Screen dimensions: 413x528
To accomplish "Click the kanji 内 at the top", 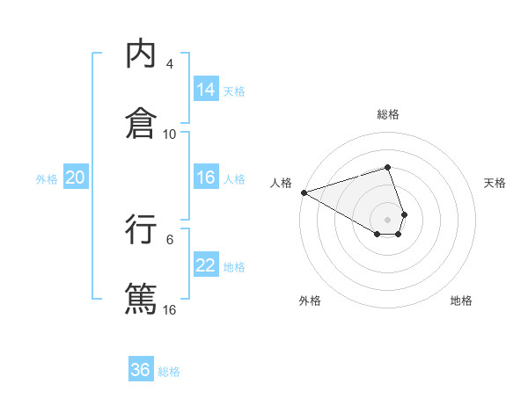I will coord(141,54).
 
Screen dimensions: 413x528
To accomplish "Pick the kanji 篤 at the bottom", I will coord(141,298).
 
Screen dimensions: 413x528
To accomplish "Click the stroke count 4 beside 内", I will coord(170,64).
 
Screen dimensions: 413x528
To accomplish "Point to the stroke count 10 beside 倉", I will coord(170,134).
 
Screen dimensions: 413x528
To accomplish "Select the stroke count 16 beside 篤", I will coord(170,309).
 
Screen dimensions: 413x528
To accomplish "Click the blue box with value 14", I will coord(206,90).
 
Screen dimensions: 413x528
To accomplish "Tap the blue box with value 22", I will coord(206,265).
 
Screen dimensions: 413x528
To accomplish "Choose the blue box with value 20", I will coord(75,178).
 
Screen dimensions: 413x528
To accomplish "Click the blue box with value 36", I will coord(141,370).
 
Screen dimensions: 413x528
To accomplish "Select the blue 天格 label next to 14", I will coord(234,91).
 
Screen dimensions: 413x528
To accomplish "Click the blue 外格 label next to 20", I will coord(47,178).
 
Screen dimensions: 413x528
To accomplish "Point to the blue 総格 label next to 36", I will coord(169,371).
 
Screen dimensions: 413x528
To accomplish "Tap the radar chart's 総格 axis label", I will coord(387,114).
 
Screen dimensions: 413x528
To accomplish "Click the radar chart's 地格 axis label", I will coord(461,301).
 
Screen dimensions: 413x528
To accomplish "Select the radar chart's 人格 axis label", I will coord(281,183).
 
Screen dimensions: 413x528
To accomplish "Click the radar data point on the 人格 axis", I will coord(304,192).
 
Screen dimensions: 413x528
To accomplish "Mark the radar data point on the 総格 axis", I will coord(387,167).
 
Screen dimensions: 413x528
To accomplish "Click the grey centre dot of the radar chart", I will coord(387,219).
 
